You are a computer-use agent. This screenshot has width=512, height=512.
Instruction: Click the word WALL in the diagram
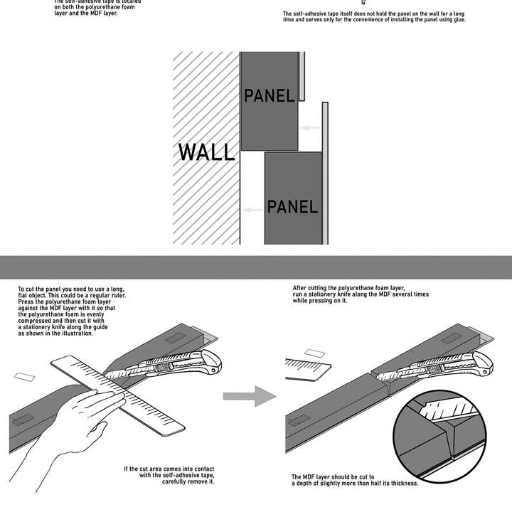(206, 152)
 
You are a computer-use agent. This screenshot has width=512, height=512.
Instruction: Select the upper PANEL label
(269, 95)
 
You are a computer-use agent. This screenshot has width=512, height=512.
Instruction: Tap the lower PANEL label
(292, 207)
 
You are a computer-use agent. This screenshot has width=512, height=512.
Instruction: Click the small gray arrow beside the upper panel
(309, 128)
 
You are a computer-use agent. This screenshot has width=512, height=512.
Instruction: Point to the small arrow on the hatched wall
(252, 210)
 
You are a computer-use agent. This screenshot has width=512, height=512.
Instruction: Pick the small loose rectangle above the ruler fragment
(314, 353)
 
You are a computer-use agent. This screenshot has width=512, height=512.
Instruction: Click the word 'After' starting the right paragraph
(301, 288)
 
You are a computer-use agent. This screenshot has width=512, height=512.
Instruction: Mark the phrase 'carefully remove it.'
(188, 481)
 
